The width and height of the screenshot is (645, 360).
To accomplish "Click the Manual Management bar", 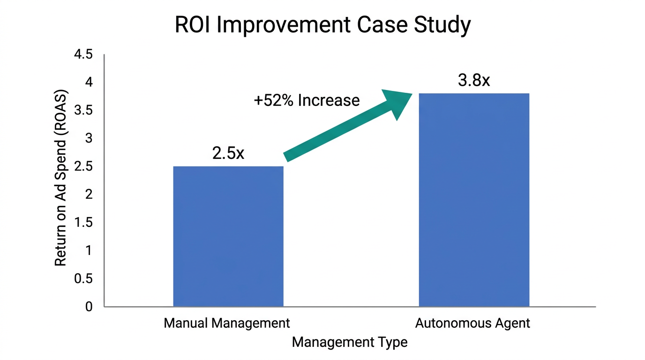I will point(228,236).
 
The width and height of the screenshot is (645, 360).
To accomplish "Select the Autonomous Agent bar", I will point(474,200).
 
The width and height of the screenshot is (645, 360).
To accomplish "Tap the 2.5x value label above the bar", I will point(228,153).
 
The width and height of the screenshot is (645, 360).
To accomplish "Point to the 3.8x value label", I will point(474,81).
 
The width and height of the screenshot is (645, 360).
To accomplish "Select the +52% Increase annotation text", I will point(307,100).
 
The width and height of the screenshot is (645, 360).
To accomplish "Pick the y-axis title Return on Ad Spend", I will point(61,178).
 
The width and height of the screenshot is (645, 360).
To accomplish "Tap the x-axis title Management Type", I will point(350,342).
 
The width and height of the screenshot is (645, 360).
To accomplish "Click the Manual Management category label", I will point(227,323).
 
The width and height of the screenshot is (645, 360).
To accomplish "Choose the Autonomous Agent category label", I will point(472,323).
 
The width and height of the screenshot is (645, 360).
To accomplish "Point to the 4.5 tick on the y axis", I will point(83,55).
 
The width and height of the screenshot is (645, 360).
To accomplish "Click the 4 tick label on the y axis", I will point(89,82).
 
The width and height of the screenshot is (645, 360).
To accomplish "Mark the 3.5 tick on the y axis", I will point(83,111).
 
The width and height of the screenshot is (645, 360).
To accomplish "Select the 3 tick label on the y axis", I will point(89,139).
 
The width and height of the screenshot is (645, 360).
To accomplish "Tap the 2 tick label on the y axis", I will point(89,195).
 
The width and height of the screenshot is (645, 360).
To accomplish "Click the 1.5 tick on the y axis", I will point(83,223).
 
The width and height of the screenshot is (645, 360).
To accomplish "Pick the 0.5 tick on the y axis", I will point(83,279).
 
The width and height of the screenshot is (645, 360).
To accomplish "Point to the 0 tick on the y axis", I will point(89,307).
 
